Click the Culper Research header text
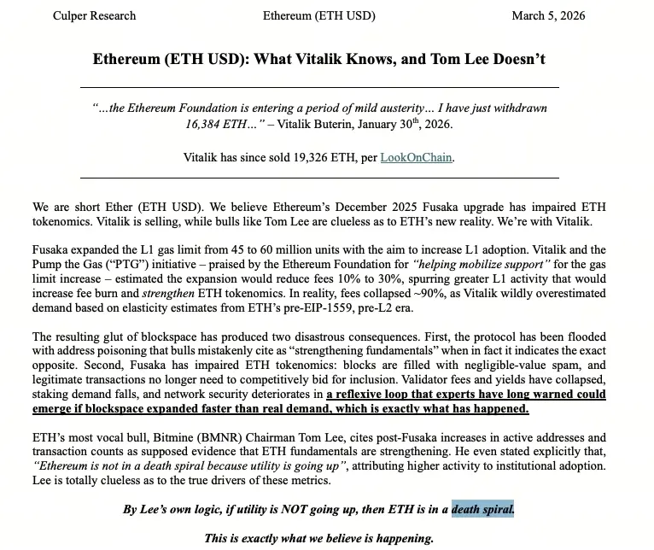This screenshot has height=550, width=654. pos(94,15)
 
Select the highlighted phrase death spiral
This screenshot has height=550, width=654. pos(482,510)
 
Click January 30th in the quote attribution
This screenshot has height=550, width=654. pos(401,124)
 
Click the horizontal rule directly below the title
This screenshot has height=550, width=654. pos(319,87)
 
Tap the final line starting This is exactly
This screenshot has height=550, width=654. pos(318,538)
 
